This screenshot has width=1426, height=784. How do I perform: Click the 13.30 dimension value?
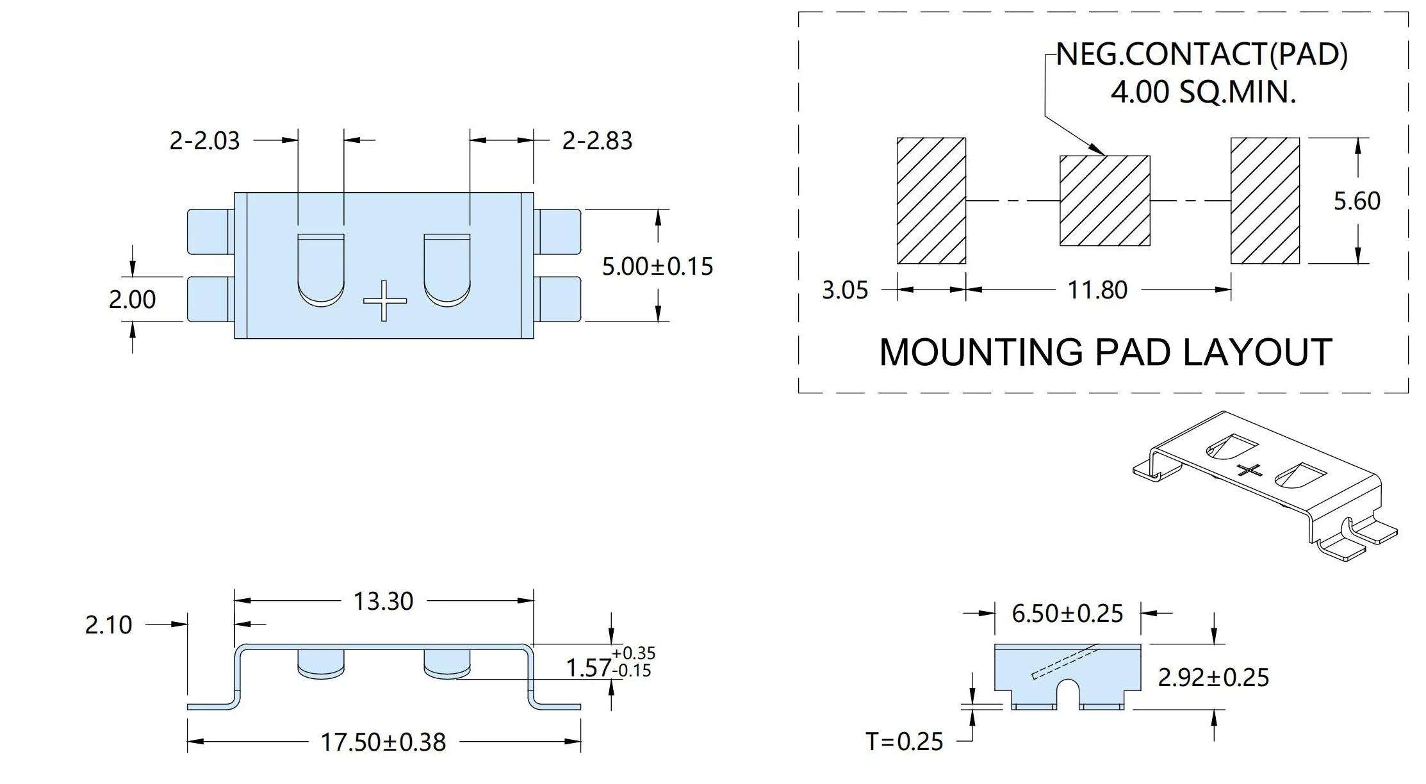pyautogui.click(x=384, y=601)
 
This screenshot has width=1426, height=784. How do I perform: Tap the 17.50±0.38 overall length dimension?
pyautogui.click(x=383, y=742)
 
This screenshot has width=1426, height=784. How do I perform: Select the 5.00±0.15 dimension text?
pyautogui.click(x=657, y=266)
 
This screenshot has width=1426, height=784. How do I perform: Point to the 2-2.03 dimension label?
pyautogui.click(x=204, y=140)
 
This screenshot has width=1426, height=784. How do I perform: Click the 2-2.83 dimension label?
pyautogui.click(x=597, y=140)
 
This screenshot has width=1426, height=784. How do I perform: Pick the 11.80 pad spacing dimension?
pyautogui.click(x=1097, y=290)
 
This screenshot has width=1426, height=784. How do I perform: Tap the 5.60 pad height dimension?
pyautogui.click(x=1357, y=200)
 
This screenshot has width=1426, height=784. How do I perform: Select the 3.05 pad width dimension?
pyautogui.click(x=845, y=290)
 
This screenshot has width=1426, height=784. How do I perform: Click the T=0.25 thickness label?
pyautogui.click(x=905, y=741)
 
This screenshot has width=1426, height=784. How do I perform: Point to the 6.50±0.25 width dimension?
pyautogui.click(x=1067, y=614)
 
